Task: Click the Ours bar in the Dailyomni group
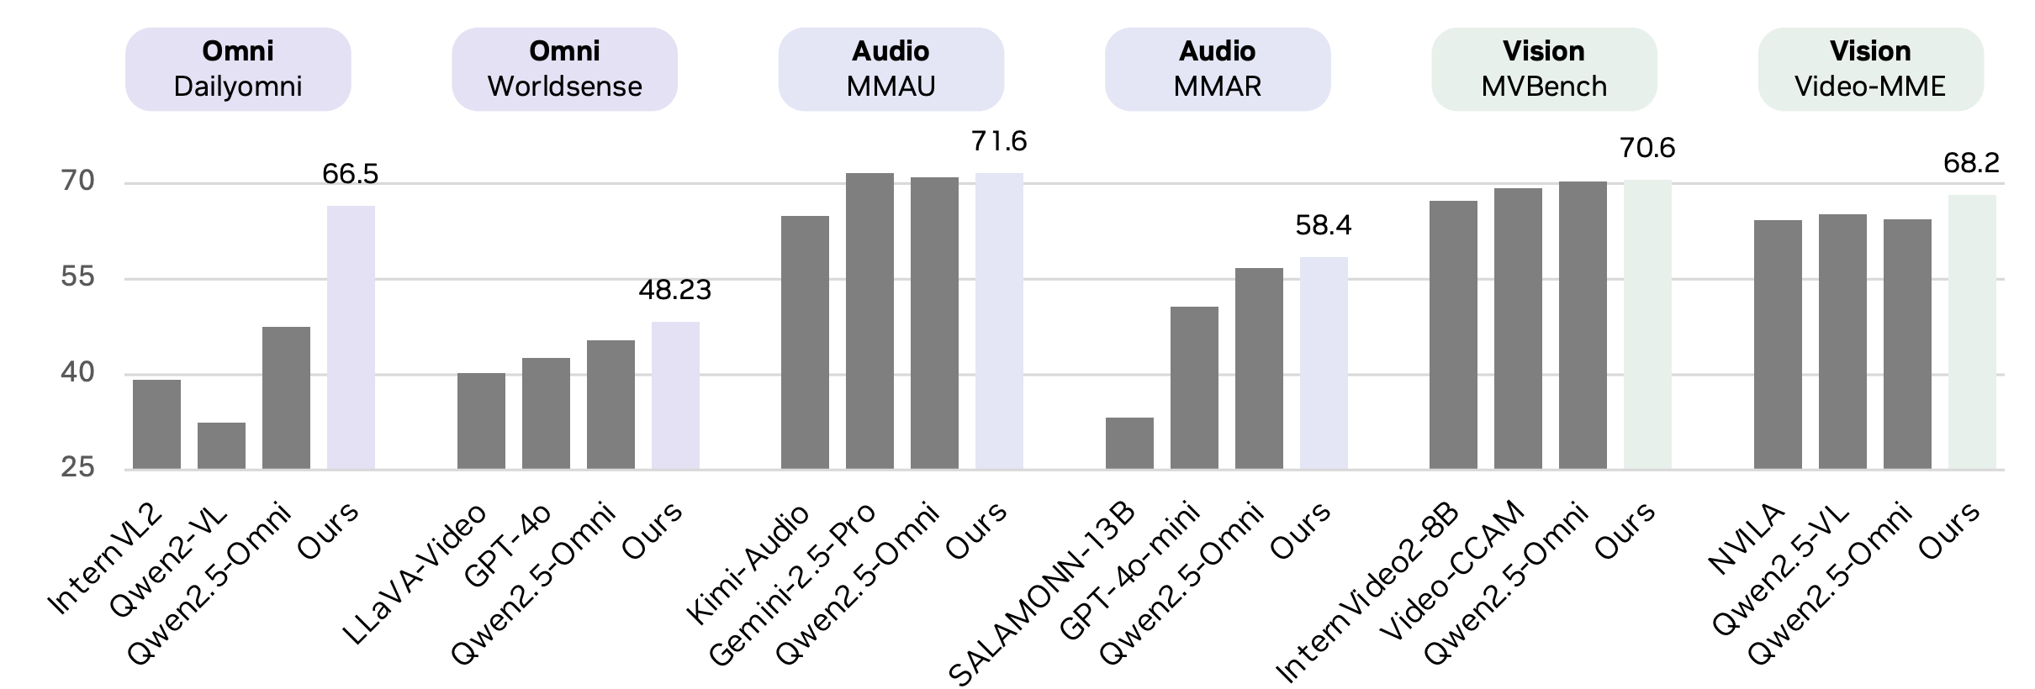(x=351, y=337)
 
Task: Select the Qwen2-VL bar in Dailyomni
(x=221, y=445)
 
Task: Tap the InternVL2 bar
(x=156, y=424)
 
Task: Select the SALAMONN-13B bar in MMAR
(x=1129, y=443)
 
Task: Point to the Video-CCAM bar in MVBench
(x=1518, y=329)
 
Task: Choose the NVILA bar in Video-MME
(x=1778, y=344)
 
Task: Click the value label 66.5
(x=351, y=174)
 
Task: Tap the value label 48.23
(x=675, y=290)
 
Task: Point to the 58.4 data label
(x=1324, y=225)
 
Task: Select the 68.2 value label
(x=1971, y=163)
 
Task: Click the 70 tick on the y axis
(x=77, y=181)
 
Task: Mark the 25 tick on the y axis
(x=77, y=467)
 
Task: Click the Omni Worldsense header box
(x=564, y=69)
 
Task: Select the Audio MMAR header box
(x=1217, y=69)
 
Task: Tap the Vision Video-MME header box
(x=1870, y=69)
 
